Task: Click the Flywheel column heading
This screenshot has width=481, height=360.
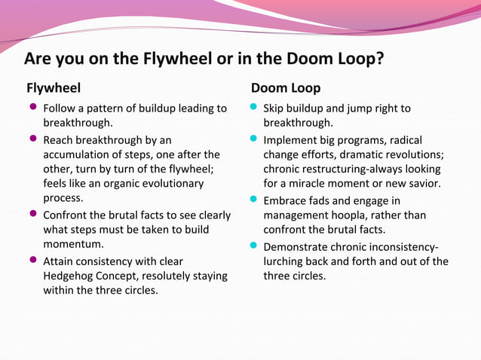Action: pos(54,87)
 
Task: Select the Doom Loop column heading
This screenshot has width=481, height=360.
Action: pos(286,87)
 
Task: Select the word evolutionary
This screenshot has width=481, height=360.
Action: pos(178,183)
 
